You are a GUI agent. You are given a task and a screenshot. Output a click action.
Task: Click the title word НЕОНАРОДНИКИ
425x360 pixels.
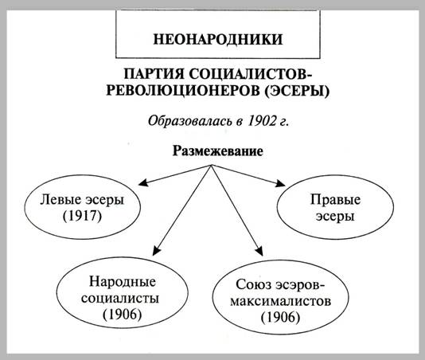click(218, 39)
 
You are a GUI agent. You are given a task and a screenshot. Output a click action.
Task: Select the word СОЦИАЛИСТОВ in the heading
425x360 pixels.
click(251, 74)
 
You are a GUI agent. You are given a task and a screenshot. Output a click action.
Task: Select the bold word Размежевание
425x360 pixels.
click(218, 151)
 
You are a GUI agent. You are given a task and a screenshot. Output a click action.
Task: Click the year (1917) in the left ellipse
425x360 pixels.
click(82, 216)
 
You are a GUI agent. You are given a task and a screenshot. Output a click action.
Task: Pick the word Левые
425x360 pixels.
click(60, 200)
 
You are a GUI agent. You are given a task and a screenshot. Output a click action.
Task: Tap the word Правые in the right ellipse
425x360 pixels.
click(335, 200)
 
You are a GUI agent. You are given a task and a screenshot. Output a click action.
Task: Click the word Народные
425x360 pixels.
click(123, 282)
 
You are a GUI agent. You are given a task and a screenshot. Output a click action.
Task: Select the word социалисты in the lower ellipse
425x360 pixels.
click(120, 299)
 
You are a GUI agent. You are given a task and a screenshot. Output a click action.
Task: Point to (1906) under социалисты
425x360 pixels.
click(123, 315)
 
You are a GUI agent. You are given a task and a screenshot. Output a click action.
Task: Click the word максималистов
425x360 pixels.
click(280, 301)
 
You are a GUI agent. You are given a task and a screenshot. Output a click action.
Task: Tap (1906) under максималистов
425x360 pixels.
click(280, 318)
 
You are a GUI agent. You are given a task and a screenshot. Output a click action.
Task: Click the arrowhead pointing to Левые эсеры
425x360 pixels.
click(143, 182)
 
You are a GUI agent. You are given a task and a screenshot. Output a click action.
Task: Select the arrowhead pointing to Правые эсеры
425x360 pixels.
click(281, 184)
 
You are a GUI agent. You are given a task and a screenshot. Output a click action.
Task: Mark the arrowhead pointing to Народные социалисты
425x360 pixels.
click(156, 251)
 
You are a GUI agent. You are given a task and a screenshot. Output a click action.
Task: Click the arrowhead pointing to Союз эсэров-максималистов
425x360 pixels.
click(259, 251)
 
